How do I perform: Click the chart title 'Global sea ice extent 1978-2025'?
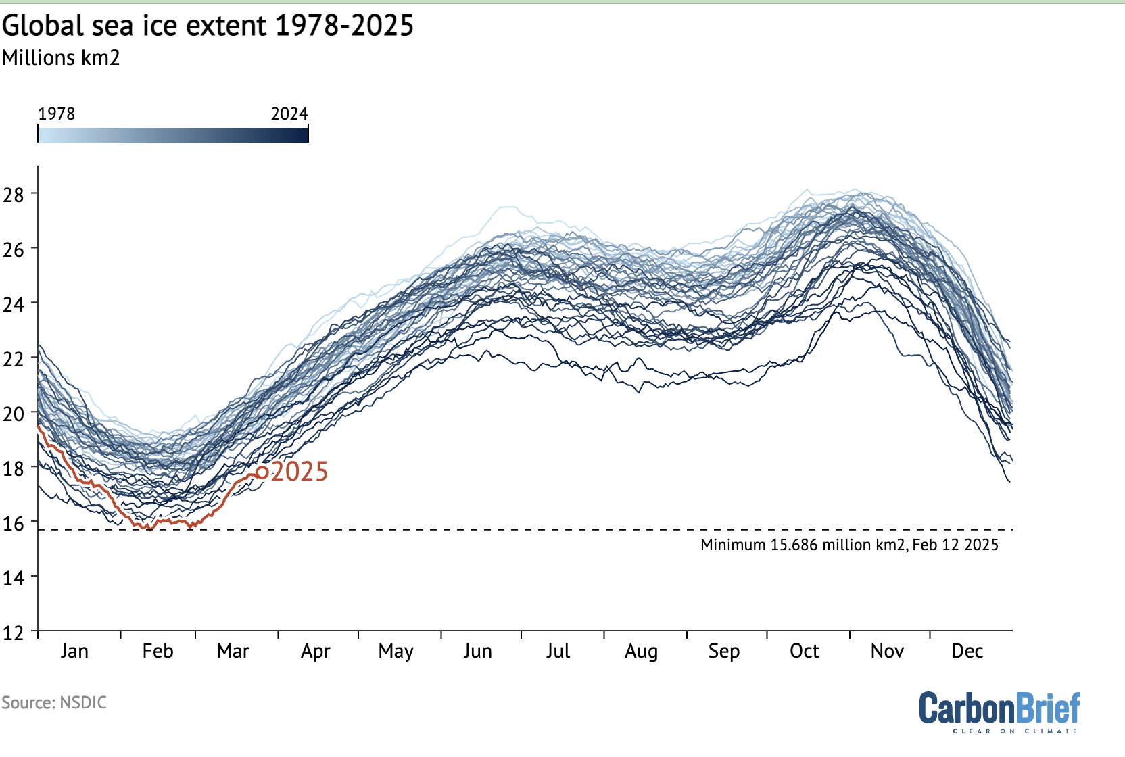point(208,26)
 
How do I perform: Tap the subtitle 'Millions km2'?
point(61,58)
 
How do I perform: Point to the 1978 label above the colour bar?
point(56,114)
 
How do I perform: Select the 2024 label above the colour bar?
point(289,114)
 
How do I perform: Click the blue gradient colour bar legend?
point(173,135)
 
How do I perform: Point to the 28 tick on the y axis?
point(14,195)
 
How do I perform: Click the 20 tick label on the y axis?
point(14,414)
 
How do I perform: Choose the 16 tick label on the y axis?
point(14,523)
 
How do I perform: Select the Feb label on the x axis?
point(158,651)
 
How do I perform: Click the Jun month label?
point(477,651)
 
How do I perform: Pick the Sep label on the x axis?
point(724,651)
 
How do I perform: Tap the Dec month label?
point(967,651)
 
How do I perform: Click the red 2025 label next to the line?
point(300,472)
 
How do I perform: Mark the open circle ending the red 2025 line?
point(262,472)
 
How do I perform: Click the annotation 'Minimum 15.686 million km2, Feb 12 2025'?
point(849,545)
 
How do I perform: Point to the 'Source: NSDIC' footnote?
point(54,703)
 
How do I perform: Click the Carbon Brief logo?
point(999,708)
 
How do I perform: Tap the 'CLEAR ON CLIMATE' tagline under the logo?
point(1015,731)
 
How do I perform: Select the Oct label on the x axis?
point(804,651)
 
